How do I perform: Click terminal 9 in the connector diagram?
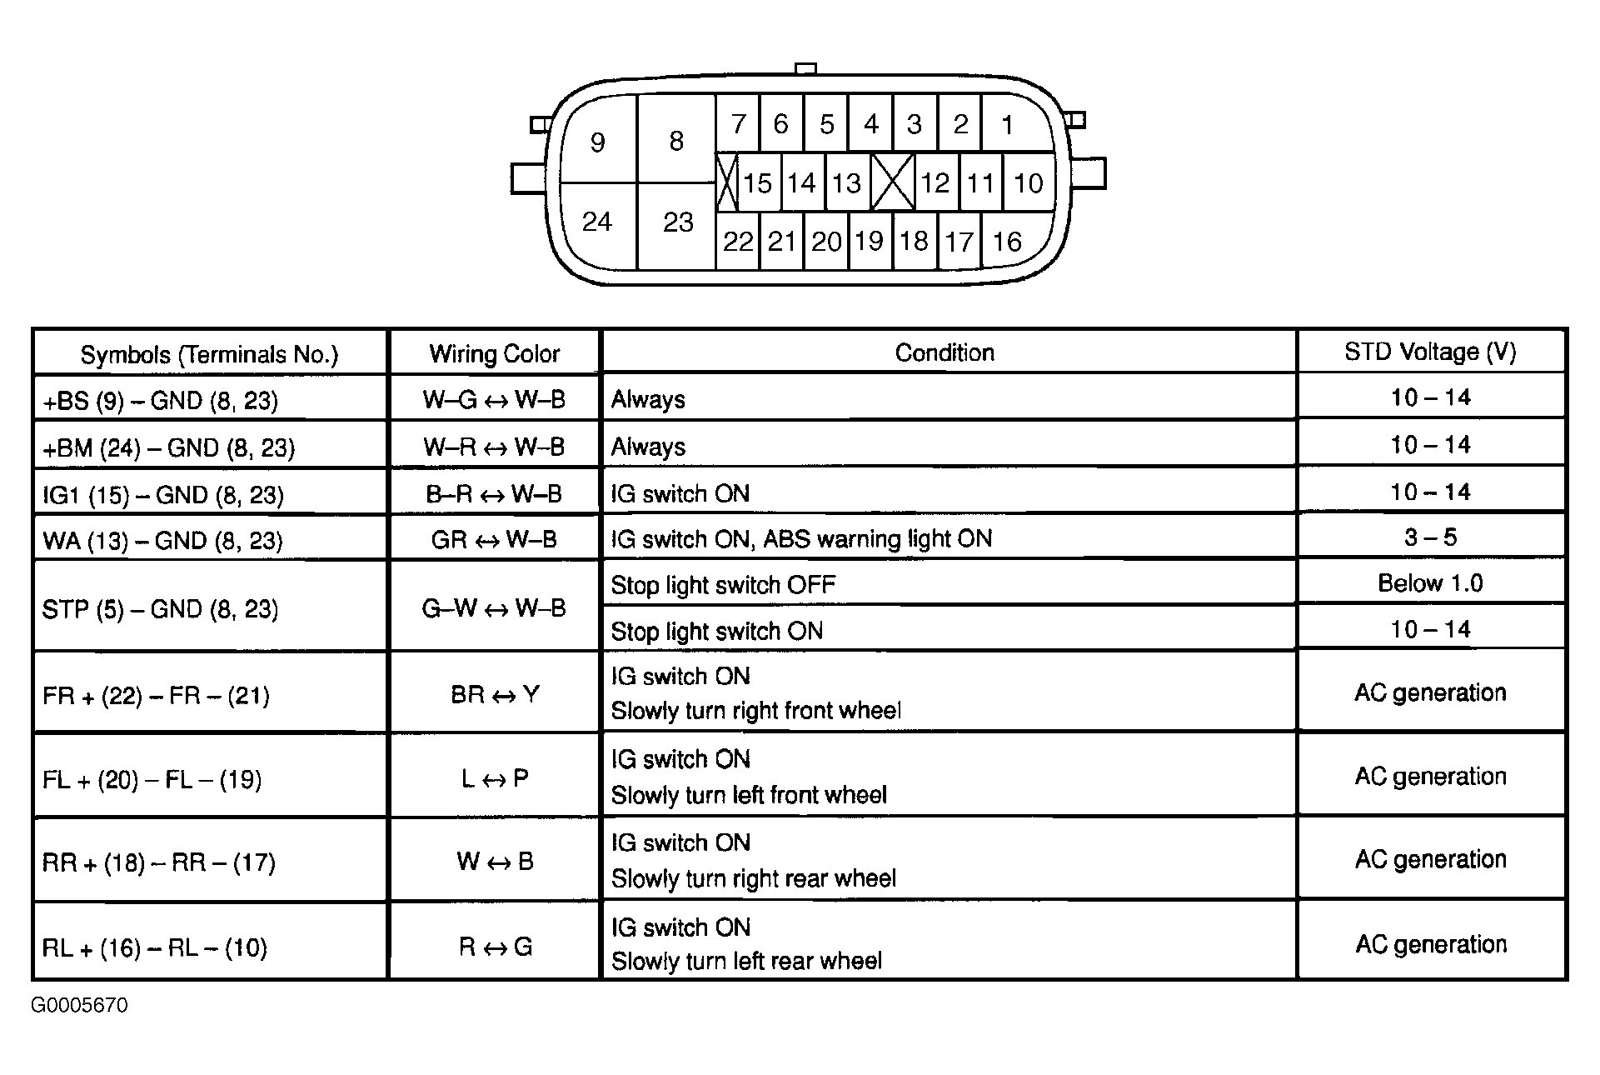pyautogui.click(x=597, y=142)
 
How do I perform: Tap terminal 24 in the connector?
pyautogui.click(x=597, y=222)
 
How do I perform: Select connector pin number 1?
pyautogui.click(x=1008, y=125)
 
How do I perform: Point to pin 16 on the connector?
pyautogui.click(x=1007, y=242)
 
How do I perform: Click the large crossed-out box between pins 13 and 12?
pyautogui.click(x=892, y=182)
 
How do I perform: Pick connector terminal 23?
pyautogui.click(x=677, y=222)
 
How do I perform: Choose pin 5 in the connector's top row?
pyautogui.click(x=826, y=125)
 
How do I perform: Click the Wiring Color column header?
pyautogui.click(x=494, y=354)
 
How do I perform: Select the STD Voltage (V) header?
pyautogui.click(x=1430, y=352)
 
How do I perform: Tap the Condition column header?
pyautogui.click(x=945, y=352)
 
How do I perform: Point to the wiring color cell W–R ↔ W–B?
pyautogui.click(x=494, y=447)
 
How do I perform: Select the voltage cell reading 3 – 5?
pyautogui.click(x=1430, y=537)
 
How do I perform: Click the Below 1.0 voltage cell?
pyautogui.click(x=1430, y=583)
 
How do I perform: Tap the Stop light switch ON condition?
pyautogui.click(x=717, y=631)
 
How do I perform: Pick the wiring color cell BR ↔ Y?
pyautogui.click(x=495, y=694)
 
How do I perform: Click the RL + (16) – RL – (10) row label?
pyautogui.click(x=155, y=947)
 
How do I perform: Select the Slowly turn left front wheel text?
pyautogui.click(x=749, y=795)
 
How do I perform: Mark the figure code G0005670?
pyautogui.click(x=80, y=1006)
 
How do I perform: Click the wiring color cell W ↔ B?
pyautogui.click(x=495, y=861)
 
